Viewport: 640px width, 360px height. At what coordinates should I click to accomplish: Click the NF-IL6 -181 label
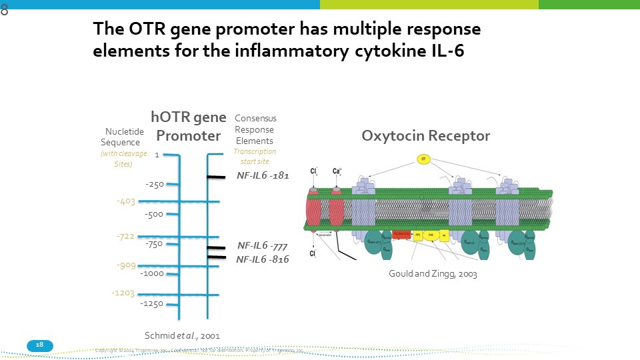click(x=263, y=176)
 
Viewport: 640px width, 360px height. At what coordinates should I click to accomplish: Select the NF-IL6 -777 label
click(x=263, y=245)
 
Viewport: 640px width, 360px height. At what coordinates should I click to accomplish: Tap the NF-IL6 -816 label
click(x=263, y=259)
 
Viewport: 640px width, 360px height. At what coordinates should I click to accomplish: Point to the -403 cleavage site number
click(x=125, y=201)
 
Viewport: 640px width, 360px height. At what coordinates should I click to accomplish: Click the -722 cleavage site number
click(x=125, y=237)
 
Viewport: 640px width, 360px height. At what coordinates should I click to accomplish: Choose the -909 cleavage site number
click(x=125, y=265)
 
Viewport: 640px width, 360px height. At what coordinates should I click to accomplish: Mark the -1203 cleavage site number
click(x=123, y=293)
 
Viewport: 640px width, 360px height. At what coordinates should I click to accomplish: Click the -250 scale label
click(x=154, y=184)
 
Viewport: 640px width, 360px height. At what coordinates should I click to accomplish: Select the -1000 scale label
click(x=153, y=273)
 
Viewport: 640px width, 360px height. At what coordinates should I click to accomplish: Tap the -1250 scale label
click(x=153, y=304)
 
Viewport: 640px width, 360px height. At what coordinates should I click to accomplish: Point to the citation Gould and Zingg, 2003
click(x=433, y=274)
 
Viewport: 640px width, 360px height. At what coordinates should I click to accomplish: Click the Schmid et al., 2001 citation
click(x=182, y=335)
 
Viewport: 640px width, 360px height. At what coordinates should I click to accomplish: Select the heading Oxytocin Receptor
click(x=425, y=136)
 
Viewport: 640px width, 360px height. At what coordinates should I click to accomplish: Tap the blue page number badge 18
click(x=39, y=345)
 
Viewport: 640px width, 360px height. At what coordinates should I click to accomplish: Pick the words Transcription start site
click(x=254, y=156)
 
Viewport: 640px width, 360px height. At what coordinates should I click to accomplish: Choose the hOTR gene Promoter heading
click(x=188, y=127)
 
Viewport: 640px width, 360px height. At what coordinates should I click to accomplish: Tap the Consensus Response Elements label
click(x=255, y=129)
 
